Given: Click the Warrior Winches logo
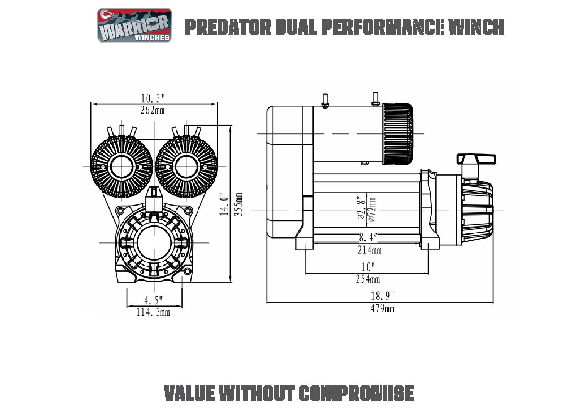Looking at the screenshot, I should point(134,26).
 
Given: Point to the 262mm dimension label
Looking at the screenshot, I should point(153,111).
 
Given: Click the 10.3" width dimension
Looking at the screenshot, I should point(153,98).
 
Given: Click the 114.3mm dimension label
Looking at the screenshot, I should point(153,312).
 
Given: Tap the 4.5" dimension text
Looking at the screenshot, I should point(153,300).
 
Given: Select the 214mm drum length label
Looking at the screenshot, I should point(370,250).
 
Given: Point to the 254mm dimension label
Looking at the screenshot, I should point(368,279).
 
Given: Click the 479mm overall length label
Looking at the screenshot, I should point(383,308).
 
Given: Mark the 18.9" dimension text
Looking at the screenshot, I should point(382,296).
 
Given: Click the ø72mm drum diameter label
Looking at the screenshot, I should point(372,209).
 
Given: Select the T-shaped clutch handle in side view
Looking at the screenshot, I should point(476,159).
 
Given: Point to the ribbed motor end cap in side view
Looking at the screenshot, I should point(398,133).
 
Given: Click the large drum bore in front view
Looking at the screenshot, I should point(154,242).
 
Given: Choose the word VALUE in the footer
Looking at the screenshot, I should point(189,394).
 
